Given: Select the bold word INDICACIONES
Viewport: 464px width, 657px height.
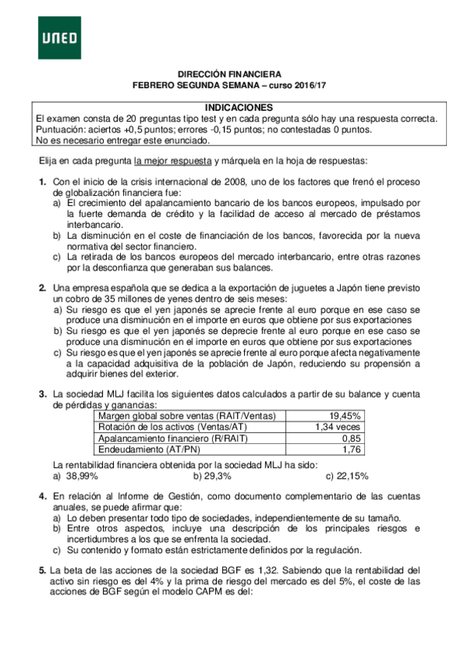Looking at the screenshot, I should point(238,107).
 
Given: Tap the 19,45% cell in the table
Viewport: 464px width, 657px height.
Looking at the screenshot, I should point(344,416).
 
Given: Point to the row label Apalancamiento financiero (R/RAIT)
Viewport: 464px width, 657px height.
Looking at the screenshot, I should point(172,438).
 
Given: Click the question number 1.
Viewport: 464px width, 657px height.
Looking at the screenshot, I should point(43,181).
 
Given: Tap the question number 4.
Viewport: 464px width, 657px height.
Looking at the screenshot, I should point(43,495).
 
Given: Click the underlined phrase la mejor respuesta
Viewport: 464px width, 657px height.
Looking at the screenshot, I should point(173,161).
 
